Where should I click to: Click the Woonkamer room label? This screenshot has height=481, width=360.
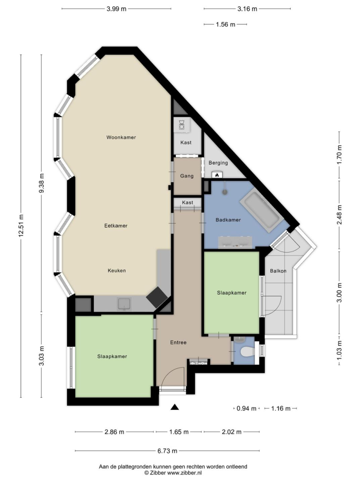[121, 138]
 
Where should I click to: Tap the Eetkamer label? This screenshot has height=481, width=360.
[116, 226]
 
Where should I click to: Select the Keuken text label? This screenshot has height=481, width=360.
[117, 271]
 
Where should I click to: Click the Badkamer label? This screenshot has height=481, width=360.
[228, 220]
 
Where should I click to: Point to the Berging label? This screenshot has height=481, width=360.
[218, 163]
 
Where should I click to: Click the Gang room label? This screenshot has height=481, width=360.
[186, 176]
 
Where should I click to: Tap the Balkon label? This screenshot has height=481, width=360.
[278, 271]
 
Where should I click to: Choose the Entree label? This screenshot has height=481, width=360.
[178, 342]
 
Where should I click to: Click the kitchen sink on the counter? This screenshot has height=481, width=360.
[125, 304]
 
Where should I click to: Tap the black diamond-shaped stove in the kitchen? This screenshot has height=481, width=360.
[157, 297]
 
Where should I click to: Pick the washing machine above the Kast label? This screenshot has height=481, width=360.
[182, 126]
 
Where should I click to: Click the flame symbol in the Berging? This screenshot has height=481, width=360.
[217, 175]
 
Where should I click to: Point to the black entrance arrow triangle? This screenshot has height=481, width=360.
[174, 407]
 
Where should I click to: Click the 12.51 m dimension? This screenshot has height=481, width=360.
[21, 226]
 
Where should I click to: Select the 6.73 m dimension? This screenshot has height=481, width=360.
[167, 451]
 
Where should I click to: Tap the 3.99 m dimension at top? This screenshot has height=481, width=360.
[117, 9]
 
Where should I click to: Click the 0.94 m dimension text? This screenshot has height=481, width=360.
[247, 408]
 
